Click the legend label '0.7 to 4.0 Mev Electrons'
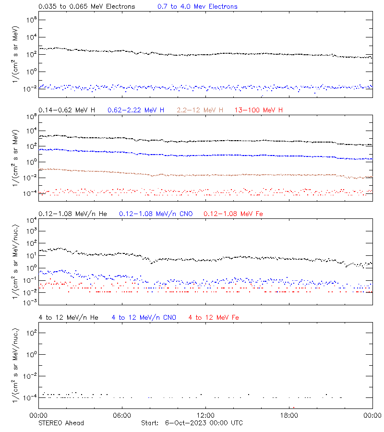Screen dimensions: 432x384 [197, 7]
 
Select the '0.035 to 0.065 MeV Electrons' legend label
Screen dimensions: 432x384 [87, 7]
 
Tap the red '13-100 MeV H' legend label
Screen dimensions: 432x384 [259, 110]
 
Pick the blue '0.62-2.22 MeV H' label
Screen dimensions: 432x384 [136, 110]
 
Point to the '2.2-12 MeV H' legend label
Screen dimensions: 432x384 [200, 110]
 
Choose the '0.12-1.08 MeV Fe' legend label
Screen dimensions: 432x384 [235, 214]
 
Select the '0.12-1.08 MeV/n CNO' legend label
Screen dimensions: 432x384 [156, 214]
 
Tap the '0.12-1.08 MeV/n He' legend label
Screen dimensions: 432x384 [74, 214]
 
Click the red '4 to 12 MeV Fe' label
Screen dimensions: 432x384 [214, 317]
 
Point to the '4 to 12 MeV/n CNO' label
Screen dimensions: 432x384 [144, 317]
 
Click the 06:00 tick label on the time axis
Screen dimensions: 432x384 [122, 415]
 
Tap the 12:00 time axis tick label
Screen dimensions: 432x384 [205, 415]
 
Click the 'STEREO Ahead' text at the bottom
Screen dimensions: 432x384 [61, 423]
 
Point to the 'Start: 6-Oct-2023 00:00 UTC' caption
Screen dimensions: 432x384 [192, 423]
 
